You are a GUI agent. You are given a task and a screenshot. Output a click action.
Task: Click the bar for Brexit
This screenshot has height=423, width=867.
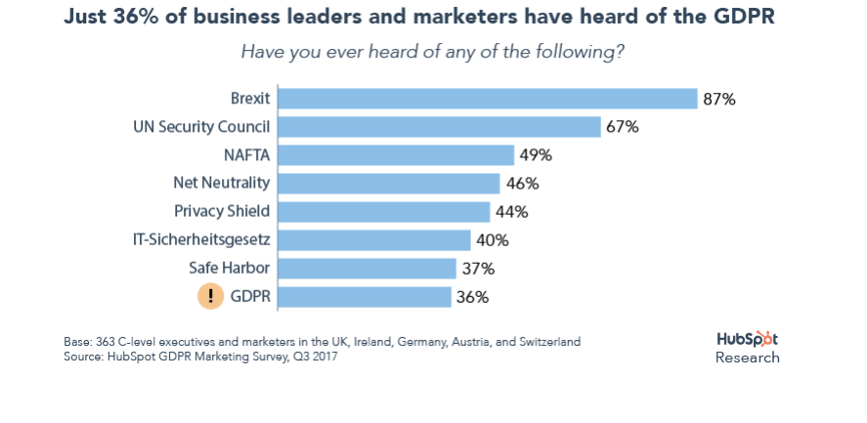[487, 99]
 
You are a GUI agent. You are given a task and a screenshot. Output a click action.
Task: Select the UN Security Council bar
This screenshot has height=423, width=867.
[439, 127]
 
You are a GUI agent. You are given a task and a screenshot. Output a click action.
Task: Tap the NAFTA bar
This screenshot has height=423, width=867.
[396, 155]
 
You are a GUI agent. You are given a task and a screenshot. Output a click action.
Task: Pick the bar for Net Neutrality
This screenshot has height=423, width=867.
[389, 184]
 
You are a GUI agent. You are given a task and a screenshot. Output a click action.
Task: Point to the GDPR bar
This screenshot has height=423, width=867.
[365, 297]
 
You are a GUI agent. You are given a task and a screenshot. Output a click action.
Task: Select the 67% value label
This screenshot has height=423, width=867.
[622, 127]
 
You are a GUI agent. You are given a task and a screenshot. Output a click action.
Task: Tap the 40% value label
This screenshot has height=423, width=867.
[492, 240]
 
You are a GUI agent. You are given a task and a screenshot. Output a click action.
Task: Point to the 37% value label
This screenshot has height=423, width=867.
[478, 269]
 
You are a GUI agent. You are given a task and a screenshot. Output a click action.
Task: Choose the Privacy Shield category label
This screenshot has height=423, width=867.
[222, 212]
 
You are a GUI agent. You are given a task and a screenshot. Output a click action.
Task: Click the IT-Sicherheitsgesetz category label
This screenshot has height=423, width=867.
[200, 240]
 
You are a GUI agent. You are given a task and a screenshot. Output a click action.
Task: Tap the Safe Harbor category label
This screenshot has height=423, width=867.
[229, 269]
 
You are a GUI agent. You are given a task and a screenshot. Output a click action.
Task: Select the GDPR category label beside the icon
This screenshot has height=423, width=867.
[251, 297]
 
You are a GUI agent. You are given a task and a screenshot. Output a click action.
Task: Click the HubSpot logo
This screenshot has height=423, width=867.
[748, 339]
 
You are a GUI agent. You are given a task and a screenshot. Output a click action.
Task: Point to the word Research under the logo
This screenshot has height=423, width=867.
[748, 358]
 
